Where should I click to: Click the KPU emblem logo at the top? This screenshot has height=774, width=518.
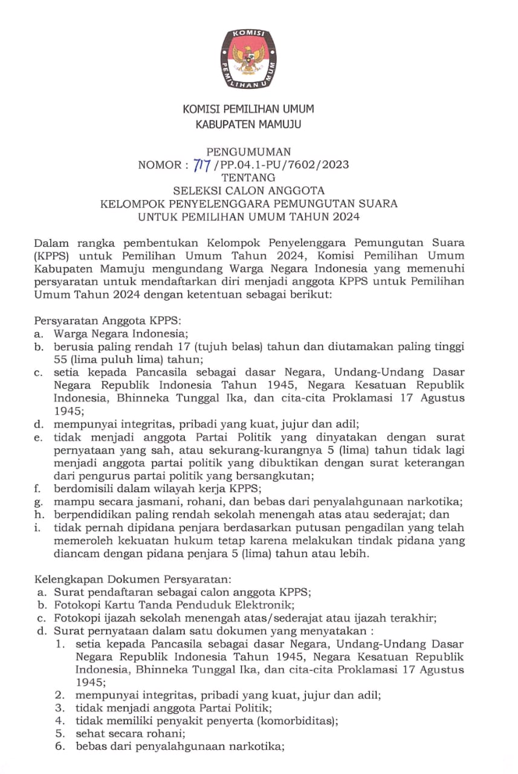tap(248, 59)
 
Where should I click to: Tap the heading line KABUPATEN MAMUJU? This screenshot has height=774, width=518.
tap(248, 125)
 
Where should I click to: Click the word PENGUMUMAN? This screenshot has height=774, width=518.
tap(248, 152)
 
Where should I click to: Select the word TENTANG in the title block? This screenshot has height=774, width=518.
tap(248, 178)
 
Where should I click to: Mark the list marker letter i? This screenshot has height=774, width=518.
tap(38, 528)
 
